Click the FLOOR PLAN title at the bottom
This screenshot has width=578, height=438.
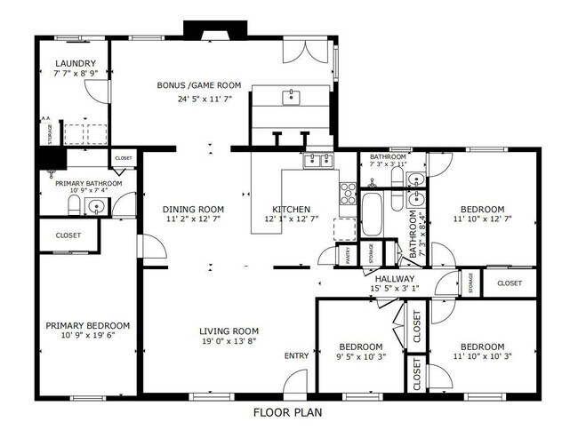(x=288, y=413)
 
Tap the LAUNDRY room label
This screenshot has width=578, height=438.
(x=75, y=63)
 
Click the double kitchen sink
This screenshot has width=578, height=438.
(x=318, y=160)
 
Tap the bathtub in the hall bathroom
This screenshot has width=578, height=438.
(x=371, y=213)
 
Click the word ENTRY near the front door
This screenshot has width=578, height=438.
(x=296, y=356)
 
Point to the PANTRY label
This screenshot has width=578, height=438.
(x=348, y=253)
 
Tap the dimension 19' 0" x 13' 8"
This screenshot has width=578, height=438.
(x=229, y=341)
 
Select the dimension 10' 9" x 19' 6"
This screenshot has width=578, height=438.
(x=88, y=337)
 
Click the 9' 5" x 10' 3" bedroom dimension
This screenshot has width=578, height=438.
(x=360, y=357)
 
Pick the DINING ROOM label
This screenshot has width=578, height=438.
(x=192, y=210)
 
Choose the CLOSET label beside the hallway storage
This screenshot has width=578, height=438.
(x=510, y=283)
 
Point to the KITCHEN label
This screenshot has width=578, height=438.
(x=291, y=210)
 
